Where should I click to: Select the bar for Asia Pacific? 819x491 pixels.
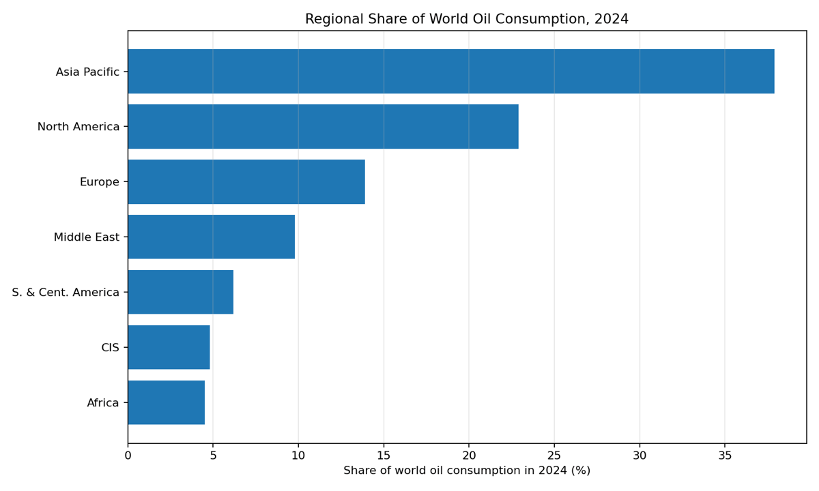450,72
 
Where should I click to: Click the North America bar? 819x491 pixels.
323,127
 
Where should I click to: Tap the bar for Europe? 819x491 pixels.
246,182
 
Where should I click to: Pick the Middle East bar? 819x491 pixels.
211,237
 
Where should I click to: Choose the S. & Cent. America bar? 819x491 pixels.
180,292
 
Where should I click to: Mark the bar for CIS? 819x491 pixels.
169,347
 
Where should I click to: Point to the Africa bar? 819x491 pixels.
166,402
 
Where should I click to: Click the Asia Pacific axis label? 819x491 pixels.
87,72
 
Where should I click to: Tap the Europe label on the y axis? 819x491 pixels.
99,182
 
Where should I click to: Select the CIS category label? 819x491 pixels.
110,348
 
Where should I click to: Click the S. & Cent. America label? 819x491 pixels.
66,293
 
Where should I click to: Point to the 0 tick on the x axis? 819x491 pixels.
128,455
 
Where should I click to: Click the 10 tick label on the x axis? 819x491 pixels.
298,455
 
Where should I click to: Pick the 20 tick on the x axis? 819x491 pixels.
469,455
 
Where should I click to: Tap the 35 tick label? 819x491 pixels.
725,455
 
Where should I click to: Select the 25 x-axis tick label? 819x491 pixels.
554,455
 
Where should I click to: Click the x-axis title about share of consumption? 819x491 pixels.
467,471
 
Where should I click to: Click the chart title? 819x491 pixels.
467,19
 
